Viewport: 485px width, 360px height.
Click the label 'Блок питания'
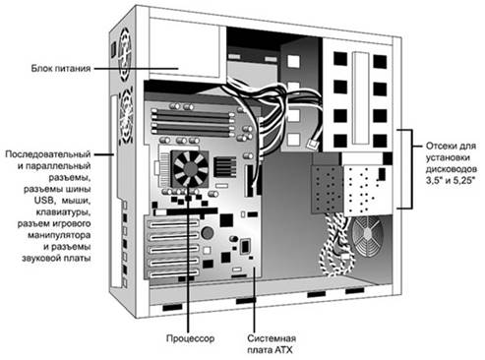pyautogui.click(x=61, y=69)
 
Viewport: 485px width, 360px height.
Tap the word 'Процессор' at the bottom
pyautogui.click(x=190, y=338)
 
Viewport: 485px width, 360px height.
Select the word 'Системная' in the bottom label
pyautogui.click(x=272, y=338)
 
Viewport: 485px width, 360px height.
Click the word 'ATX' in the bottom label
pyautogui.click(x=283, y=350)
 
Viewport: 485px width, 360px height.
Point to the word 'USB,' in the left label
pyautogui.click(x=44, y=200)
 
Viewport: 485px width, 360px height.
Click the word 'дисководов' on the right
pyautogui.click(x=452, y=169)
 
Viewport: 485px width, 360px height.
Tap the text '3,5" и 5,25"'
pyautogui.click(x=451, y=180)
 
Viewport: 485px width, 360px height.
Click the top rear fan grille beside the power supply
pyautogui.click(x=125, y=53)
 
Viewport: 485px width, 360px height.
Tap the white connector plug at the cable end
pyautogui.click(x=312, y=144)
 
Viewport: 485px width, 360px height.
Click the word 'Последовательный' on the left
pyautogui.click(x=48, y=154)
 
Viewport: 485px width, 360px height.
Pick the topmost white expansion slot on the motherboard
pyautogui.click(x=174, y=224)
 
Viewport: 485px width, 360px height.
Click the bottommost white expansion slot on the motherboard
pyautogui.click(x=174, y=273)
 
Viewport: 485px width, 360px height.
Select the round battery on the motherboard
pyautogui.click(x=208, y=232)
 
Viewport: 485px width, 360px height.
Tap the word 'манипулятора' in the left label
pyautogui.click(x=59, y=235)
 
